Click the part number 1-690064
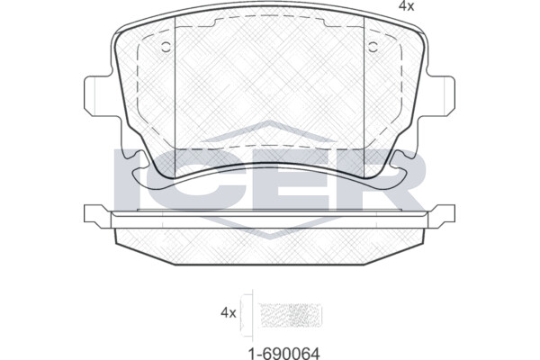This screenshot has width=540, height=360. (284, 353)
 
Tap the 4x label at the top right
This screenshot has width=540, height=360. (407, 6)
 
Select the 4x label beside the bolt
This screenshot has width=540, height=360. (229, 313)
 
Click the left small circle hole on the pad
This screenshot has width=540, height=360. (166, 47)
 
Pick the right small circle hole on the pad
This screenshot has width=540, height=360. (373, 47)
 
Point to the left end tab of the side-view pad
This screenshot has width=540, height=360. (97, 216)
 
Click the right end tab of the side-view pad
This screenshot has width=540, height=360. (442, 216)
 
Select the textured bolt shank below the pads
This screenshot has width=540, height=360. (290, 316)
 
